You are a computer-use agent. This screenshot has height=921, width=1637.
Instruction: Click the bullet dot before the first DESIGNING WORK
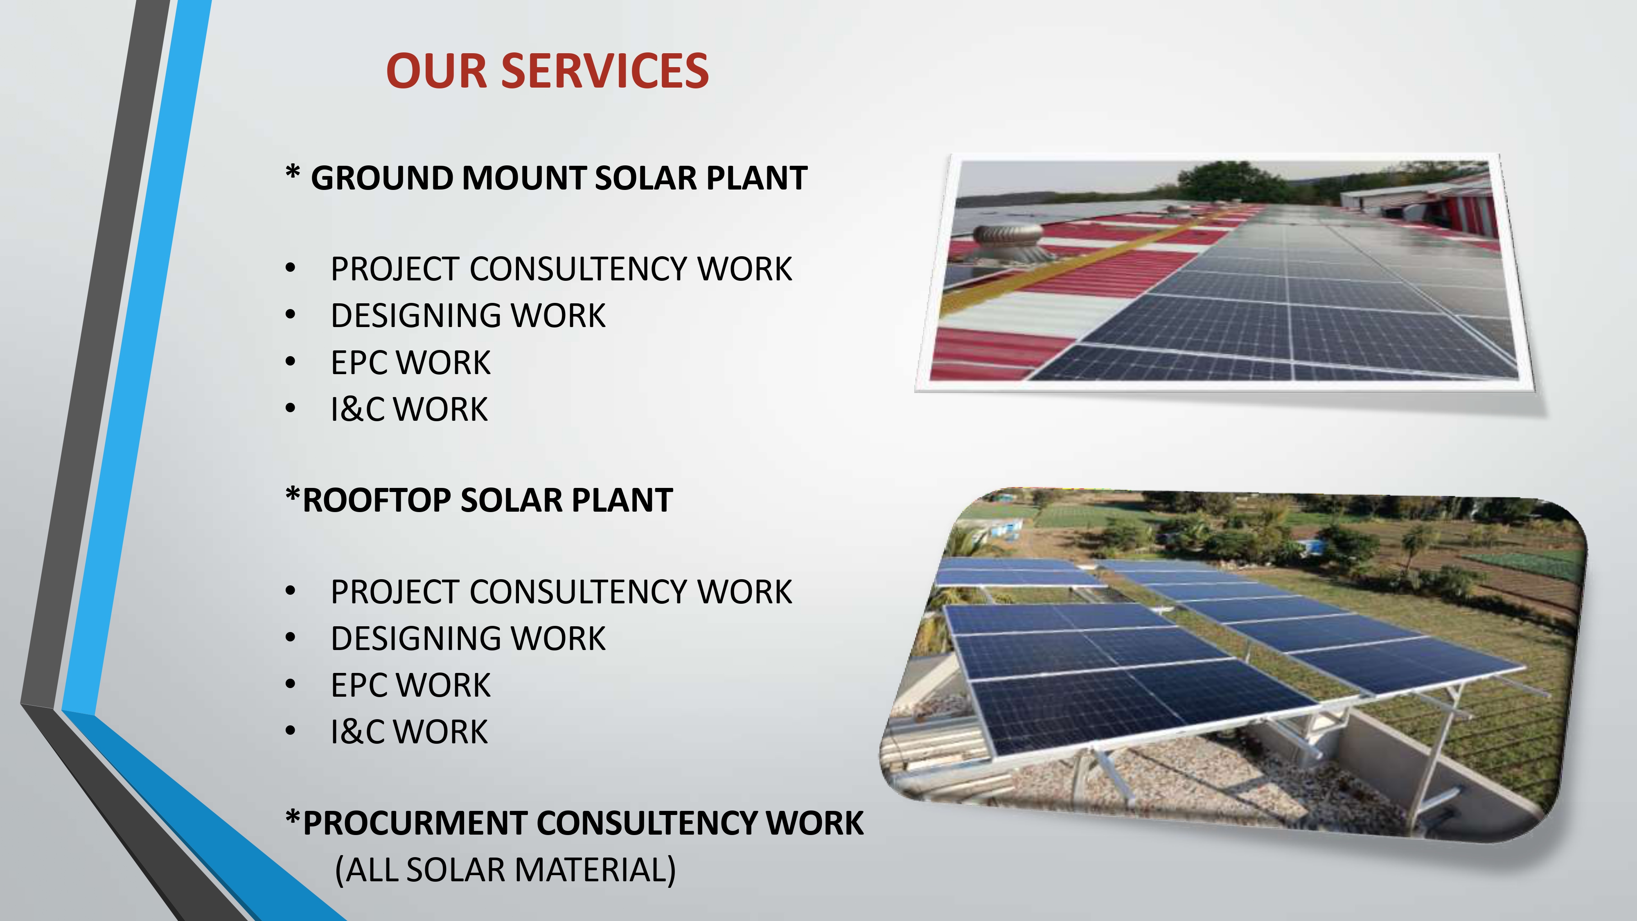[291, 315]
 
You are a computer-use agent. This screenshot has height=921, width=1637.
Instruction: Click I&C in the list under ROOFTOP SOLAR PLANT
[357, 731]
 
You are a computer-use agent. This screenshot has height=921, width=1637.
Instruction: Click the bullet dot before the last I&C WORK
[291, 731]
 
